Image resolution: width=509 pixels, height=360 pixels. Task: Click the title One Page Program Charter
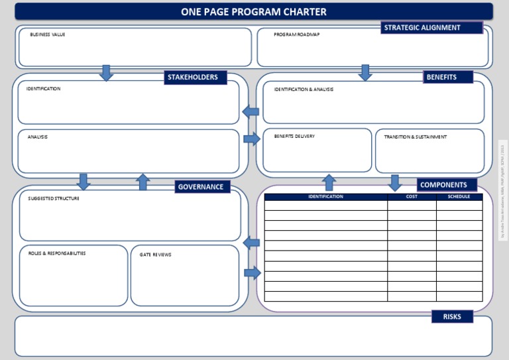click(x=254, y=12)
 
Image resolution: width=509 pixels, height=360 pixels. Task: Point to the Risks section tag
click(x=452, y=317)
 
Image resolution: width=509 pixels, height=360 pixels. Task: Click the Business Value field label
click(x=48, y=34)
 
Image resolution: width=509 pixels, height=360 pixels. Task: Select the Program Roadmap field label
click(x=296, y=34)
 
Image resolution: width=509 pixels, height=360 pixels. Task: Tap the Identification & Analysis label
click(x=304, y=90)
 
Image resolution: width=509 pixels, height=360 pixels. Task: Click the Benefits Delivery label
click(x=294, y=137)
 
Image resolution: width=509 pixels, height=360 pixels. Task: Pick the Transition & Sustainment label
click(x=415, y=137)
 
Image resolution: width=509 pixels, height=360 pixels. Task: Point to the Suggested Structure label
click(x=54, y=198)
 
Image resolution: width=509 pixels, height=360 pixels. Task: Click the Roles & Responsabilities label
click(x=57, y=253)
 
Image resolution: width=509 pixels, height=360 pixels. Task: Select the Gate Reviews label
click(x=155, y=255)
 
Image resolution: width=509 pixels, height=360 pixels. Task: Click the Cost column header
click(x=412, y=197)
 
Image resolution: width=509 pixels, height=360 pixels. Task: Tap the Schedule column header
click(x=459, y=197)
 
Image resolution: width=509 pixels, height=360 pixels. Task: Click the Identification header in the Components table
click(x=325, y=197)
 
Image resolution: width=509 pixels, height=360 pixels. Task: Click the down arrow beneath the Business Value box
click(x=106, y=72)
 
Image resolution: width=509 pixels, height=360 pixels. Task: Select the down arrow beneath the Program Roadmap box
click(x=365, y=72)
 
